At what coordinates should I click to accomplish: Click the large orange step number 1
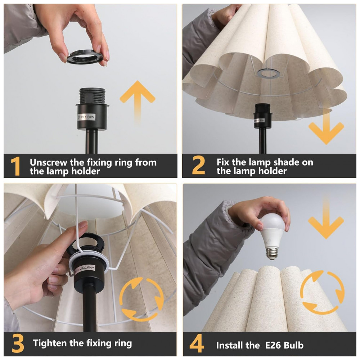click(x=15, y=166)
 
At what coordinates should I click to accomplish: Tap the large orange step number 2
click(x=198, y=165)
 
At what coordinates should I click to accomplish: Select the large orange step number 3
click(x=18, y=343)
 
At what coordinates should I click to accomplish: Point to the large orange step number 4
click(x=197, y=343)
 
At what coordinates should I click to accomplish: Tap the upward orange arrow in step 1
click(x=138, y=102)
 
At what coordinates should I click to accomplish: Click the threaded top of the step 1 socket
click(x=92, y=96)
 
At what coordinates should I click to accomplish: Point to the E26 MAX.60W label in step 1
click(x=86, y=117)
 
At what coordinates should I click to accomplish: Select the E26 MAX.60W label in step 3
click(x=85, y=269)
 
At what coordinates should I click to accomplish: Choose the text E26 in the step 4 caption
click(x=273, y=345)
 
